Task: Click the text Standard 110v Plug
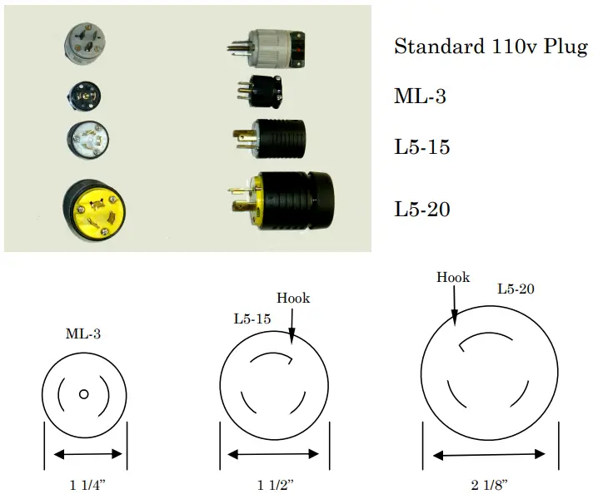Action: pos(491,47)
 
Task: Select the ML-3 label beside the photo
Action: pos(420,96)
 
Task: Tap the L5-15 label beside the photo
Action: pos(421,148)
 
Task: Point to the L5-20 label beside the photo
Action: pos(421,210)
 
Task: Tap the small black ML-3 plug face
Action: pos(85,97)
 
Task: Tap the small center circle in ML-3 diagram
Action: pos(83,394)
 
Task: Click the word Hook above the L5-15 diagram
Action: pos(293,298)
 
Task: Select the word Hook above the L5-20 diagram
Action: pos(453,278)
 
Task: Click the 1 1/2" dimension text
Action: pos(274,484)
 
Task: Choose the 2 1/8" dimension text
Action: pos(489,484)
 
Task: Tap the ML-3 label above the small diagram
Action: pos(83,334)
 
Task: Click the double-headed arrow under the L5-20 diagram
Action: pos(489,455)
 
